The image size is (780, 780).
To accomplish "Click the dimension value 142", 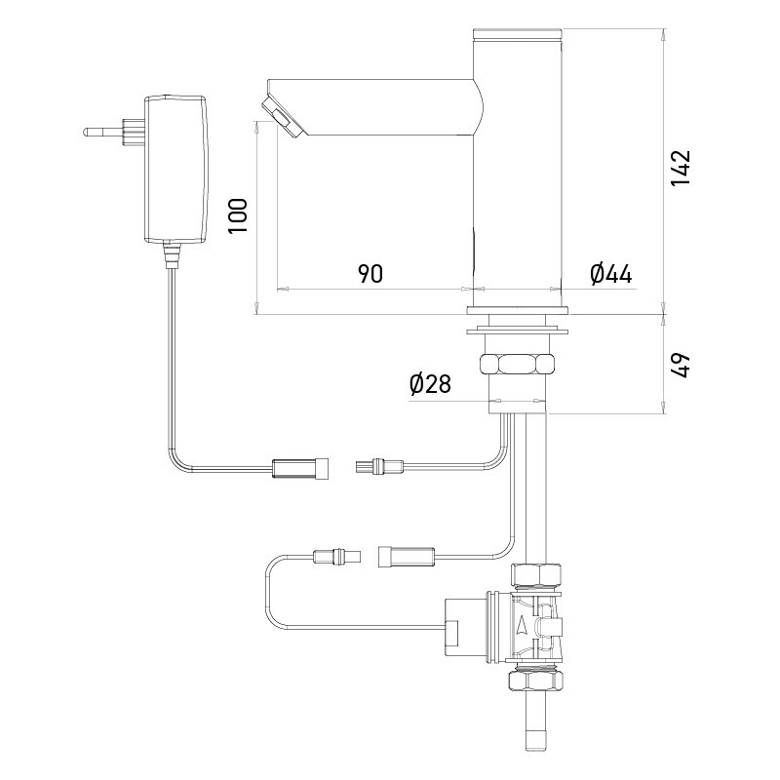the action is (x=681, y=168).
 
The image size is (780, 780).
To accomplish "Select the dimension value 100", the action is (x=238, y=215).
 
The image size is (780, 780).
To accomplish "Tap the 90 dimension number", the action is (x=370, y=273).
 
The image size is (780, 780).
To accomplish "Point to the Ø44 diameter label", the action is (x=611, y=274).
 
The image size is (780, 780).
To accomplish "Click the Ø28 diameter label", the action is (x=430, y=383).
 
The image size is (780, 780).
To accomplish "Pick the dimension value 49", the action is (x=681, y=365).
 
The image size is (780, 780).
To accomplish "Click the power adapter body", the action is (x=175, y=169).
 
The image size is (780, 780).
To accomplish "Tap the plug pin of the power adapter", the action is (x=101, y=133).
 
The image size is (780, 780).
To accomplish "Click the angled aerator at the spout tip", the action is (x=282, y=117).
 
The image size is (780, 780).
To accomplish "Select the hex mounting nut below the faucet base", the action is (x=518, y=363).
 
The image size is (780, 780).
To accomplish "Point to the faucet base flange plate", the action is (x=518, y=311).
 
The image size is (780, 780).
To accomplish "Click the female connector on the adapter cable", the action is (x=300, y=469).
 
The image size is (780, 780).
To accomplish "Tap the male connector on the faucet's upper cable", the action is (x=380, y=467).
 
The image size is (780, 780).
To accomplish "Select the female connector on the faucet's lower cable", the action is (x=407, y=556).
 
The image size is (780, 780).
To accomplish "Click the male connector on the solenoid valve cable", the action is (x=337, y=555).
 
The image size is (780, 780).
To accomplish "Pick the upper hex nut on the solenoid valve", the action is (x=536, y=574).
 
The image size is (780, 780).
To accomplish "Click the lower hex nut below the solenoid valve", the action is (x=535, y=679).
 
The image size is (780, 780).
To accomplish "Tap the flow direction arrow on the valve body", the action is (x=522, y=625).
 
